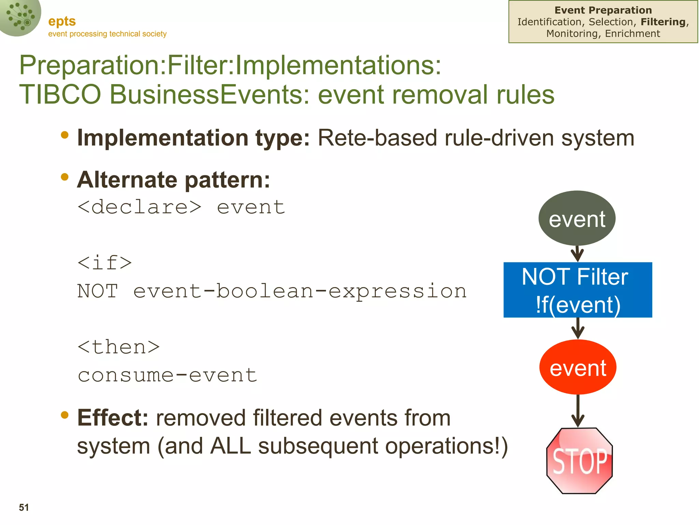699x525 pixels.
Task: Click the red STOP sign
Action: tap(579, 460)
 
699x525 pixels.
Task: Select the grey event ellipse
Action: tap(577, 218)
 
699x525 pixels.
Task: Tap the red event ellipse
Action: tap(577, 367)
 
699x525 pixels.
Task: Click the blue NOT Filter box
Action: tap(577, 290)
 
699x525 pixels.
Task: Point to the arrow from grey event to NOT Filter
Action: tap(577, 254)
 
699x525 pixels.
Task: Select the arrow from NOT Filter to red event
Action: tap(577, 328)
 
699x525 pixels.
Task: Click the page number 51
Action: tap(24, 507)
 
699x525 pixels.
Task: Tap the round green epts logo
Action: tap(20, 17)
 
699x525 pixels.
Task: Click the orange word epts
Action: tap(62, 21)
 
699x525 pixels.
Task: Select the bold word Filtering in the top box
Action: tap(663, 22)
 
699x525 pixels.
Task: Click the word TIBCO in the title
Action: tap(60, 95)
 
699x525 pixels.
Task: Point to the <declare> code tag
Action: tap(139, 207)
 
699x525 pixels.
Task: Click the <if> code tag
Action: tap(104, 263)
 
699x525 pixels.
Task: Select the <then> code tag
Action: tap(118, 347)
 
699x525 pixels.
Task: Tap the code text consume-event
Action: tap(167, 375)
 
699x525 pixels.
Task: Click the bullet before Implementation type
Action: tap(65, 135)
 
